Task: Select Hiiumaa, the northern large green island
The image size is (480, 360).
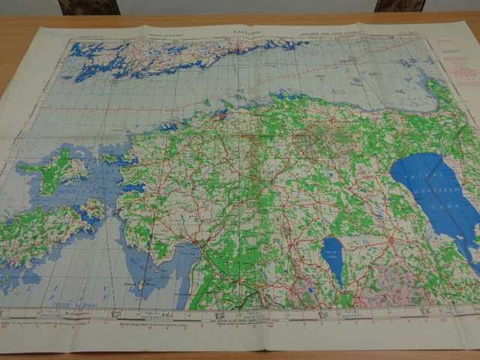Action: (52, 169)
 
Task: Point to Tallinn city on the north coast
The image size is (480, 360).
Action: (223, 116)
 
